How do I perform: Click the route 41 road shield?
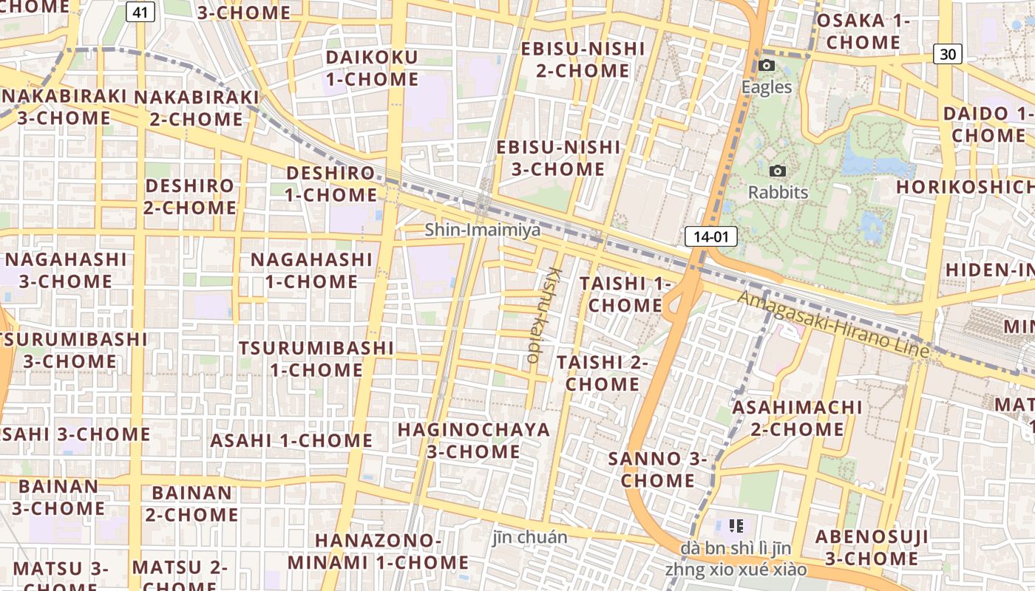pos(140,12)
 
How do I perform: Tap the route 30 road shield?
pos(947,54)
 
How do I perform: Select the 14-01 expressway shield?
pos(711,236)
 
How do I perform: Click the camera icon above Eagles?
pos(767,66)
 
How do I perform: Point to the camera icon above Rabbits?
pos(777,171)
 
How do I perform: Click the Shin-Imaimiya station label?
pos(482,230)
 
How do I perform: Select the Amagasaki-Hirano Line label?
pos(833,324)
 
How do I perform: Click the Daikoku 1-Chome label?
pos(372,68)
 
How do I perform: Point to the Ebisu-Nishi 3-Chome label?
pos(558,158)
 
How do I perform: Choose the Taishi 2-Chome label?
pos(602,373)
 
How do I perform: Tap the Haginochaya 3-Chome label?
pos(474,440)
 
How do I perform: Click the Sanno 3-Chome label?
pos(657,469)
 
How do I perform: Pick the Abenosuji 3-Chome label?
pos(871,547)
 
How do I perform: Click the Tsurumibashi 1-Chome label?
pos(316,358)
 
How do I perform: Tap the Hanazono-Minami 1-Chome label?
pos(378,551)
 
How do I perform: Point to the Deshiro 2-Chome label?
pos(190,197)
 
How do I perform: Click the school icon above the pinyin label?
pos(736,526)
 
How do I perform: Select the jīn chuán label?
pos(530,537)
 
